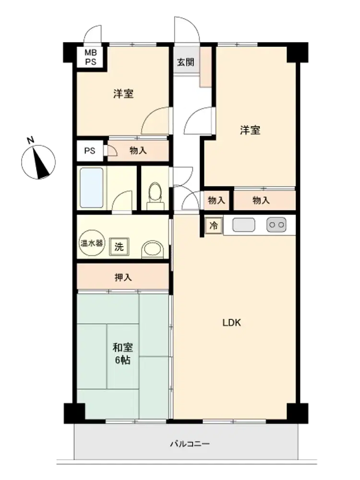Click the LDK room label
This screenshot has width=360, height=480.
point(231,323)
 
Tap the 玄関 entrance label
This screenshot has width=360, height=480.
point(185,62)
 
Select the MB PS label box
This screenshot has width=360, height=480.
point(91,57)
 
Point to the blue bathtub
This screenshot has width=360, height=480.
point(92,188)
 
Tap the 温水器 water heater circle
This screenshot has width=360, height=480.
point(92,243)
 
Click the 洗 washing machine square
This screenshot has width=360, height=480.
point(119,246)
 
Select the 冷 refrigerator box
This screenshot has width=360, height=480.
point(214,226)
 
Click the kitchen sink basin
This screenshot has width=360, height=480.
point(244,225)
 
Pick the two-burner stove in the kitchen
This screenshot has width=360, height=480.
point(276,225)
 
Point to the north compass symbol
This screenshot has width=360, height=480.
point(38,162)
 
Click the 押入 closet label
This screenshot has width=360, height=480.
point(123,277)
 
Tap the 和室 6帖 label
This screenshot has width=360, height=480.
point(123,354)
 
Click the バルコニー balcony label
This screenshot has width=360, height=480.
point(190,444)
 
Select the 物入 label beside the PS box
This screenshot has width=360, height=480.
point(138,150)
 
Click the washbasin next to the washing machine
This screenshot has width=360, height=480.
point(153,249)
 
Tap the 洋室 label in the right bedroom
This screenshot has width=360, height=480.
point(250,130)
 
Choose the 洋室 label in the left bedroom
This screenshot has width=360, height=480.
point(123,94)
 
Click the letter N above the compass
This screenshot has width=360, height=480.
point(30,140)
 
